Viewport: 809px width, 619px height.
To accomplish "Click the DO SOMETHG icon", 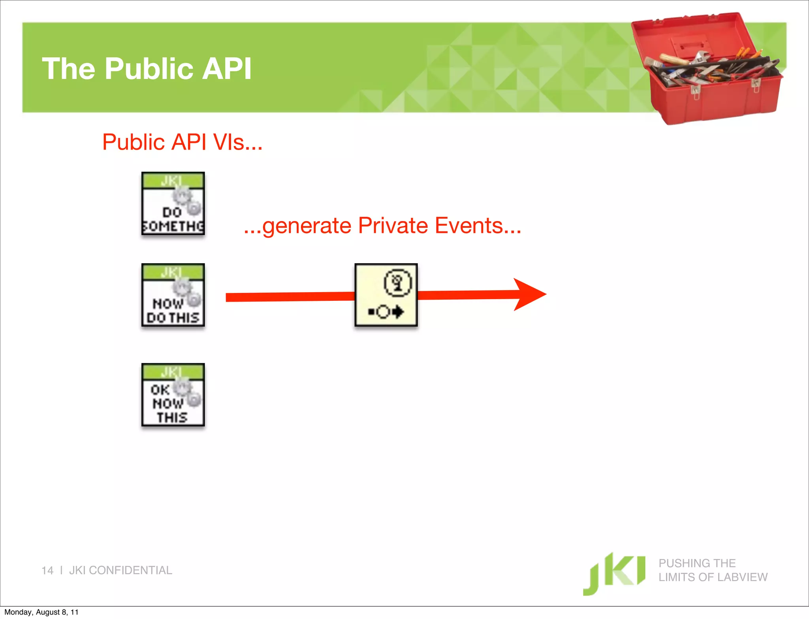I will click(x=173, y=204).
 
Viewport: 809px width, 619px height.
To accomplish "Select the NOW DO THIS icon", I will click(x=173, y=295).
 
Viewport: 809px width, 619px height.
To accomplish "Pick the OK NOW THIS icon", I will click(x=173, y=395).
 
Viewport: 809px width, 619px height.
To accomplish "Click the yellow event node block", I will click(x=386, y=295).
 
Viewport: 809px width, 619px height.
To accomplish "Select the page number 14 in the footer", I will click(x=47, y=570).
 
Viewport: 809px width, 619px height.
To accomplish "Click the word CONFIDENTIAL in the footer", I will click(x=130, y=570).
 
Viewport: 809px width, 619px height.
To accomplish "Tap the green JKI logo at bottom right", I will click(x=614, y=573).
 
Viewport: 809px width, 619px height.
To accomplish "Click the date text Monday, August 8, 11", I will click(x=41, y=612).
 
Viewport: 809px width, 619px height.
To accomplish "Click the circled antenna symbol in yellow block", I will click(x=397, y=282).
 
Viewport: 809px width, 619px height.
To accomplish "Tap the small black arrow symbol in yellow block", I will click(x=398, y=312).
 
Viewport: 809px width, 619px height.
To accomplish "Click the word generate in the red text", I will click(x=307, y=226).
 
